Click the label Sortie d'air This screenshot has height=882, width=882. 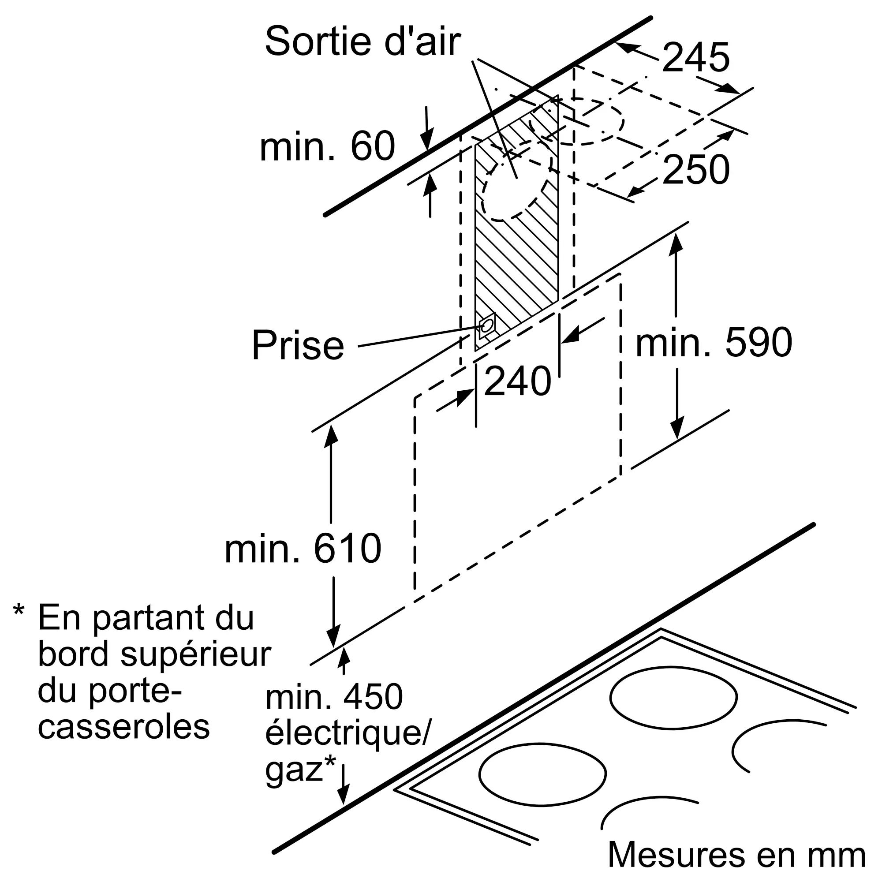pyautogui.click(x=363, y=42)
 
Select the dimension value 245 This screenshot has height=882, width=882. pyautogui.click(x=696, y=57)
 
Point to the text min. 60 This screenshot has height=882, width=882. pyautogui.click(x=327, y=146)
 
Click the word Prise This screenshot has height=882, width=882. pyautogui.click(x=298, y=346)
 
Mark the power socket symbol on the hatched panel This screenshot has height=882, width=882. pyautogui.click(x=487, y=325)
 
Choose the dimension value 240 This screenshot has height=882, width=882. pyautogui.click(x=517, y=381)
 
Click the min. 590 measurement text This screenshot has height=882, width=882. pyautogui.click(x=714, y=342)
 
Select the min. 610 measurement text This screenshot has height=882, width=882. pyautogui.click(x=303, y=548)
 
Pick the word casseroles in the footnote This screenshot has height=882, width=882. pyautogui.click(x=124, y=727)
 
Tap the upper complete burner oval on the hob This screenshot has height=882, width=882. pyautogui.click(x=673, y=697)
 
